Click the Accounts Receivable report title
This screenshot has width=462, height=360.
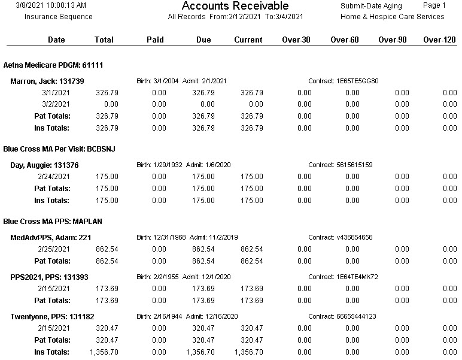(235, 5)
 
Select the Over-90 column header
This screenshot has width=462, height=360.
(392, 40)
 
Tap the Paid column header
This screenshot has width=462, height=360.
(155, 40)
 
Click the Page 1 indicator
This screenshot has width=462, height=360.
(434, 5)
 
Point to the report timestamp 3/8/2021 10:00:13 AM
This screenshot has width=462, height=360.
(51, 5)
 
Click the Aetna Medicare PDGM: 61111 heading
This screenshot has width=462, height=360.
(53, 65)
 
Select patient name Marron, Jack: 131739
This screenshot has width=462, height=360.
(47, 81)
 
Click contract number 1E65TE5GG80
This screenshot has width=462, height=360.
(357, 81)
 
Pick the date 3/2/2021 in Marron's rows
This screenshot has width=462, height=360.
(56, 104)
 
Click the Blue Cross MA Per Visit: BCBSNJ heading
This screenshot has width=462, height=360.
(59, 149)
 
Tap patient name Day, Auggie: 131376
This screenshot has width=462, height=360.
(44, 165)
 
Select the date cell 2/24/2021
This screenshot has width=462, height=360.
(54, 177)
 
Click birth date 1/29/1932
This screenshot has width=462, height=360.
(168, 165)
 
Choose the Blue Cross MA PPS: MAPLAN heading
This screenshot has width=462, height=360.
(53, 222)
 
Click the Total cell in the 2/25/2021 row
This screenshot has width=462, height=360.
(107, 249)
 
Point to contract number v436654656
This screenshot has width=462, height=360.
(354, 237)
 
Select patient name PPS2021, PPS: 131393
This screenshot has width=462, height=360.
(49, 277)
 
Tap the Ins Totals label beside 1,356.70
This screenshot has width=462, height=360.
(51, 352)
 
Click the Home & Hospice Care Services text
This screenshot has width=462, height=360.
(392, 17)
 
